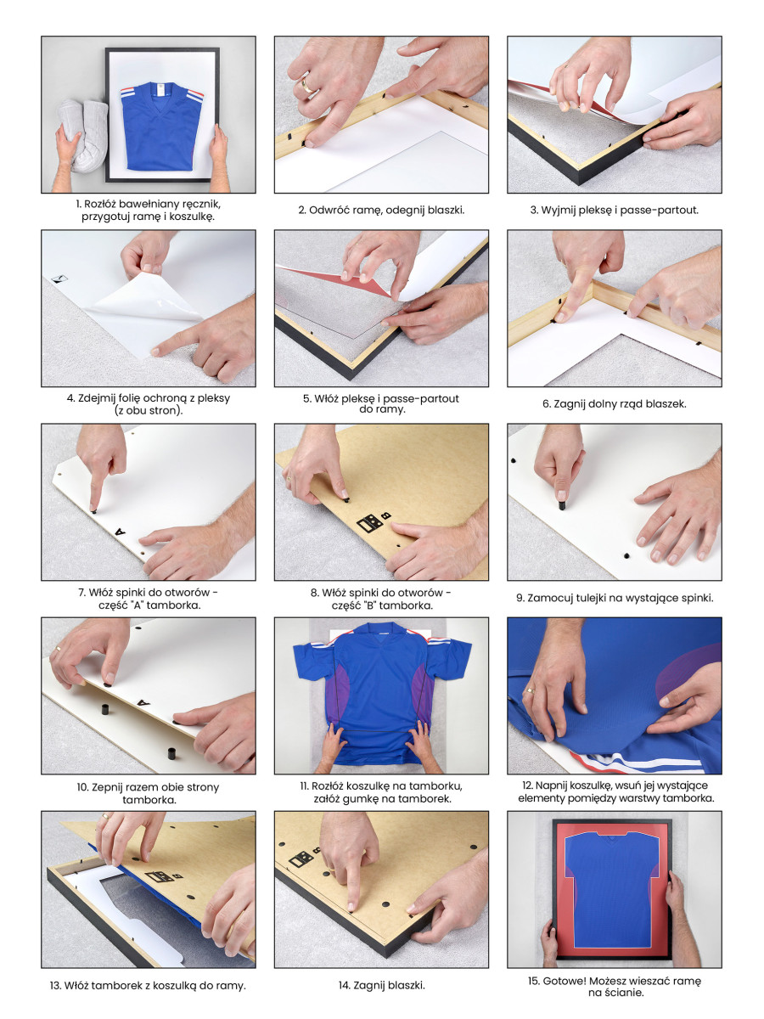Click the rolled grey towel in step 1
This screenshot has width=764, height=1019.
pos(83,135)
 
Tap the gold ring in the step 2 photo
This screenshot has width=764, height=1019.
pos(307,87)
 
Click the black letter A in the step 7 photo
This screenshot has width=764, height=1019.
pos(121,531)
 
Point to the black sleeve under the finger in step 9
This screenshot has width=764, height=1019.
pos(562,504)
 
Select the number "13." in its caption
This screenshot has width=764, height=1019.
pos(55,985)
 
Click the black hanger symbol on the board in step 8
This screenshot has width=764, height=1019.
pos(370,523)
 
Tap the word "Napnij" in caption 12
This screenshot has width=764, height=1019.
pos(550,785)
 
